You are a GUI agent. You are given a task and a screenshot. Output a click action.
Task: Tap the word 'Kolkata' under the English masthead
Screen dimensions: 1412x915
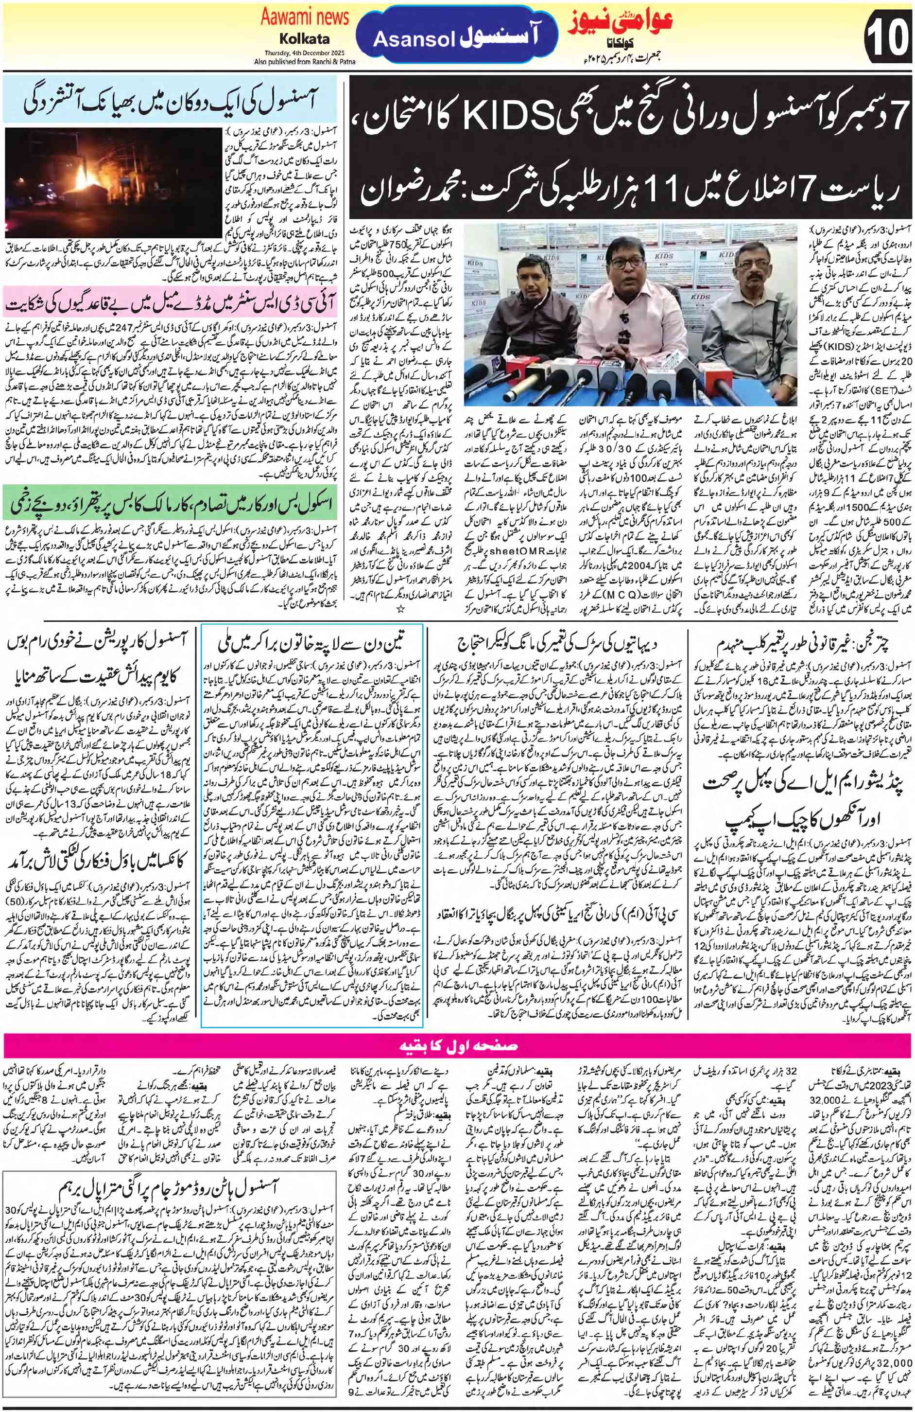pyautogui.click(x=304, y=40)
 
